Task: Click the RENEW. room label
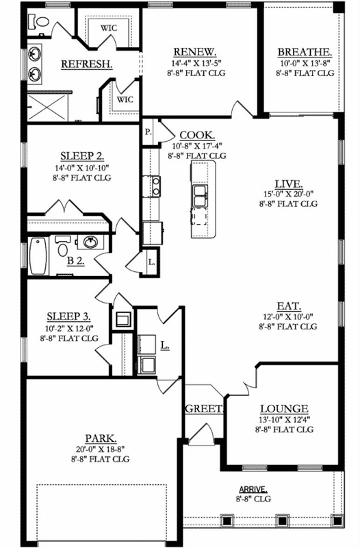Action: point(195,52)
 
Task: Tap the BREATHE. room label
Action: point(305,52)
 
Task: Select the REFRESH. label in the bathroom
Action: point(87,64)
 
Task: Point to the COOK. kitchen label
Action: point(197,135)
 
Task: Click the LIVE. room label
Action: point(288,184)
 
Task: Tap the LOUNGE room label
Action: point(284,409)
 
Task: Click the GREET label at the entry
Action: point(204,409)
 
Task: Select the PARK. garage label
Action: point(101,438)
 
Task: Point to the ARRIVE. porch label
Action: point(253,489)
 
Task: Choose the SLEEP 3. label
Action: point(68,316)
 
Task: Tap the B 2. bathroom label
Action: point(75,260)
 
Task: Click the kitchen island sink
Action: point(200,196)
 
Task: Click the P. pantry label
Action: point(148,131)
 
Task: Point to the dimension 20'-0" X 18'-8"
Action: point(101,450)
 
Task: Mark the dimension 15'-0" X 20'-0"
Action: point(288,194)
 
